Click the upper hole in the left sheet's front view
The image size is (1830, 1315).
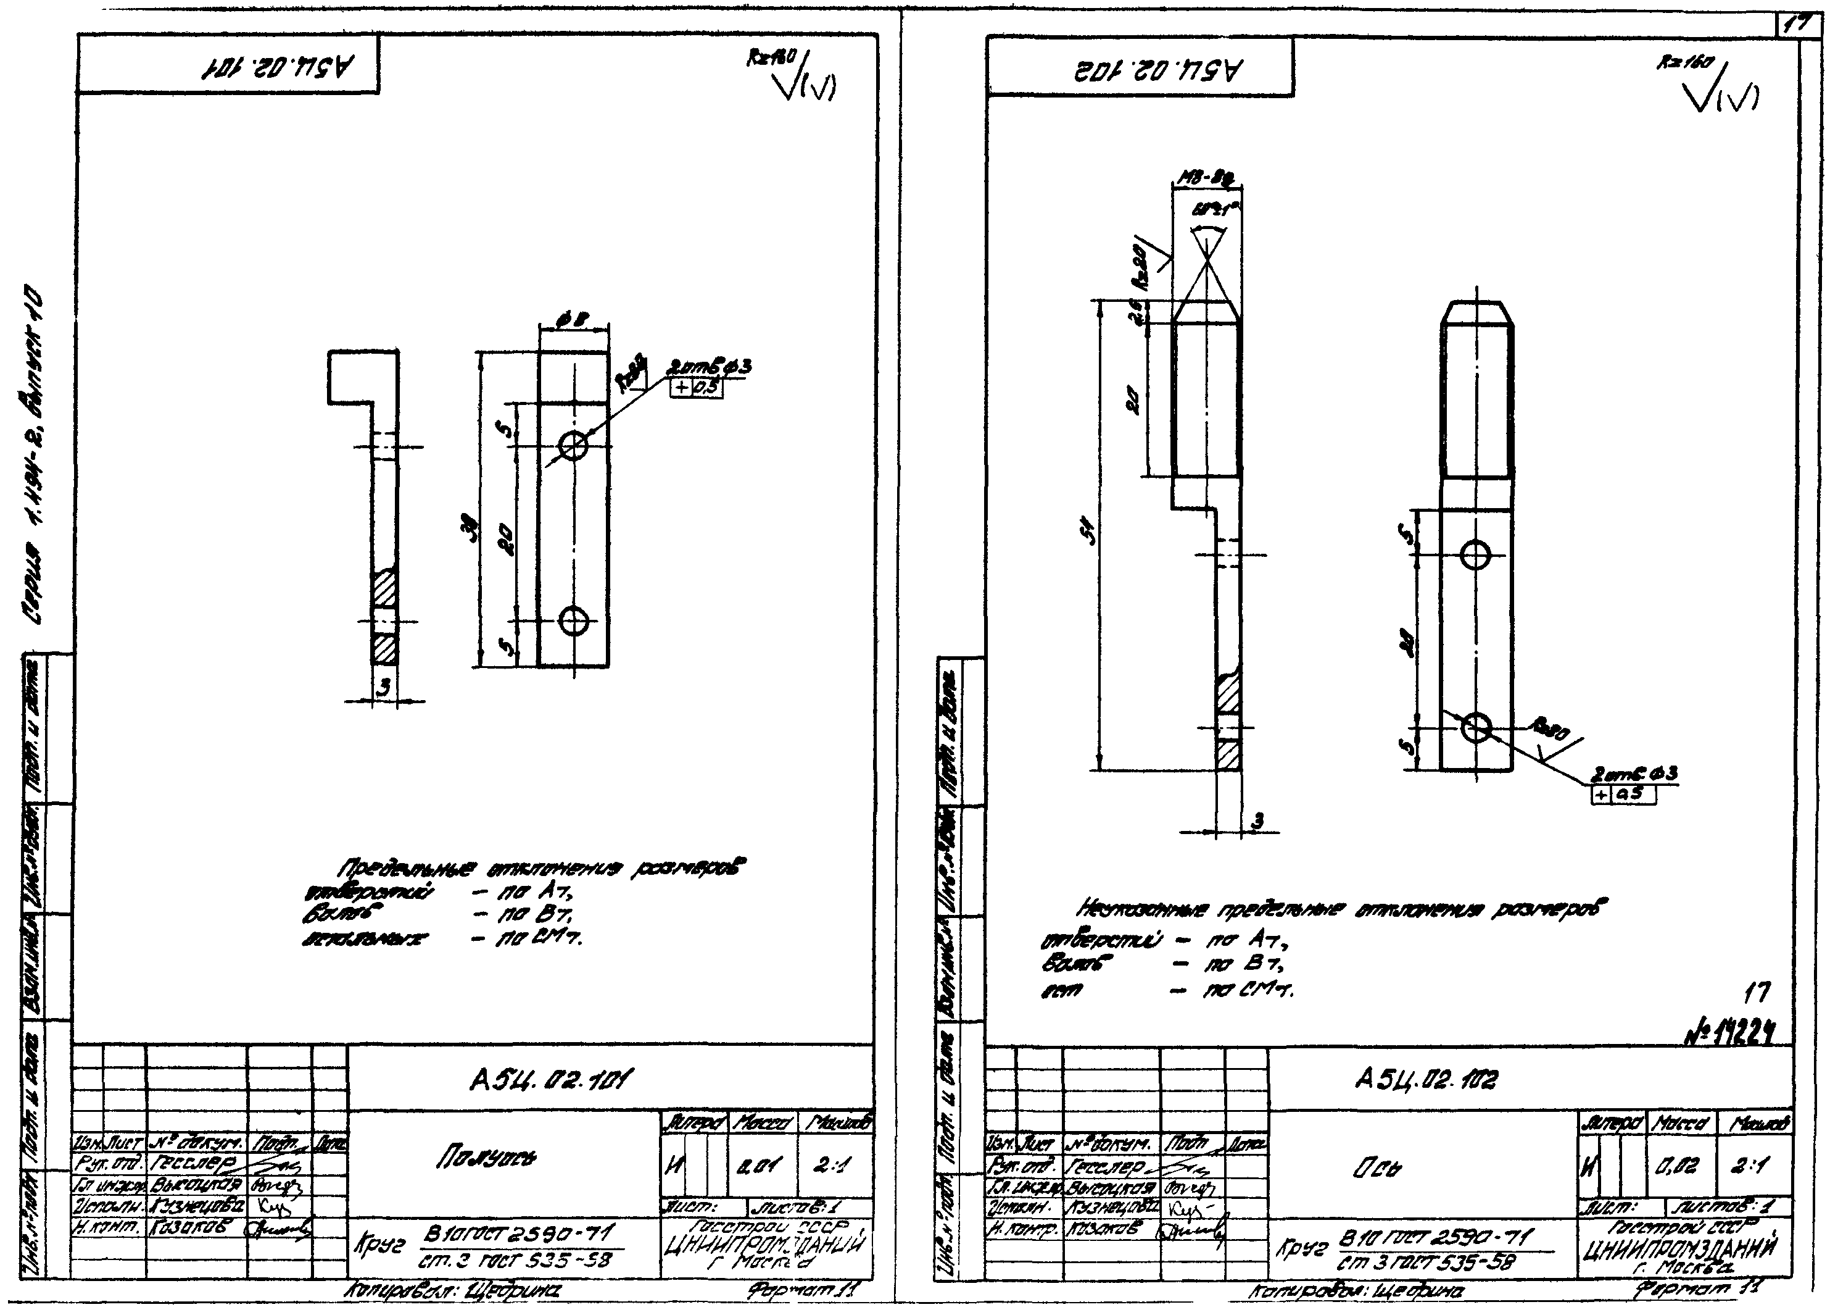click(573, 445)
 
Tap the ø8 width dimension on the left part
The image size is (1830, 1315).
click(574, 321)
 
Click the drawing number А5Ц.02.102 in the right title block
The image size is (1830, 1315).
click(1426, 1079)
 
